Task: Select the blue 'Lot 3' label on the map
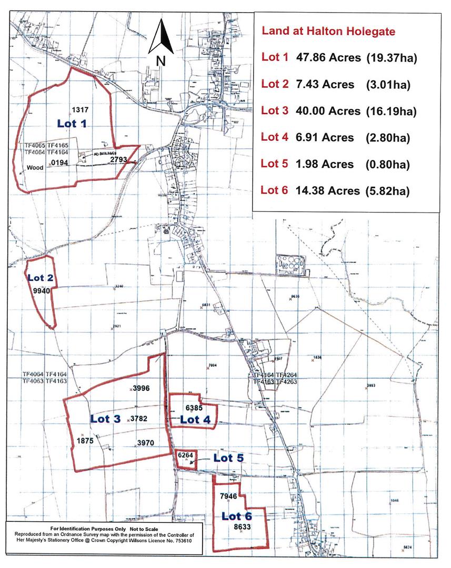click(x=105, y=419)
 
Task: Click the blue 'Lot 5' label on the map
click(x=228, y=458)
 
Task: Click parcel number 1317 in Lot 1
click(x=78, y=110)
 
